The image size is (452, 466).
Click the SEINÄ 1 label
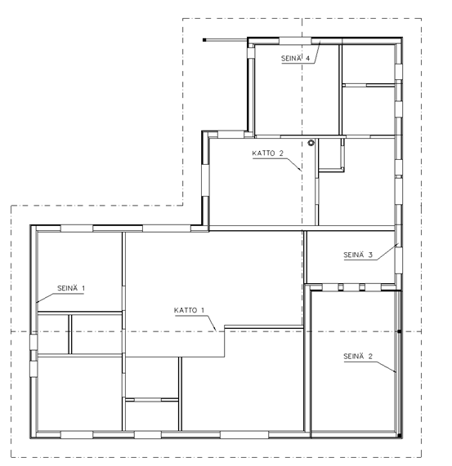(71, 288)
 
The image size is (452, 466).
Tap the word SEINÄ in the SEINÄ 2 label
(353, 356)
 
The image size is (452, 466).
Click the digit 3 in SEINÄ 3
(370, 255)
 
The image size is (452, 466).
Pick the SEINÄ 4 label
(295, 58)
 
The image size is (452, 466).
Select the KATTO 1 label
(189, 310)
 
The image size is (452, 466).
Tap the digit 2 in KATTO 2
(281, 153)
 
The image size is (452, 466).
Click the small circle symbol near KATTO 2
(311, 143)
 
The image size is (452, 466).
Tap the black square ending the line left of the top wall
(204, 40)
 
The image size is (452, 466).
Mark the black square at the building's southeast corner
(400, 436)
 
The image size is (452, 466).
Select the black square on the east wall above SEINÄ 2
(400, 331)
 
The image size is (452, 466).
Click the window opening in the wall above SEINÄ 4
(295, 41)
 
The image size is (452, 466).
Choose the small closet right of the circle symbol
(330, 154)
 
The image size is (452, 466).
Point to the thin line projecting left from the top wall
(226, 40)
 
